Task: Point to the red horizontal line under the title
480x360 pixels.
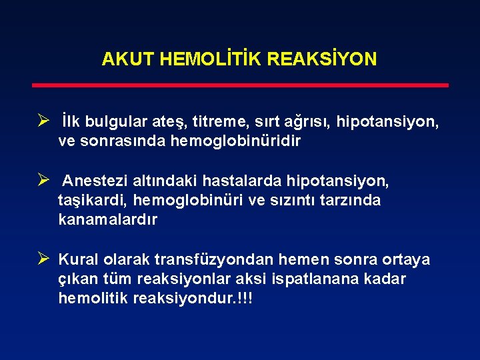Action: point(240,85)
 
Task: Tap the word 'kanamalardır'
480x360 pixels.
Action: point(108,219)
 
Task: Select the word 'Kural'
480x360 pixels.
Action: point(78,259)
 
